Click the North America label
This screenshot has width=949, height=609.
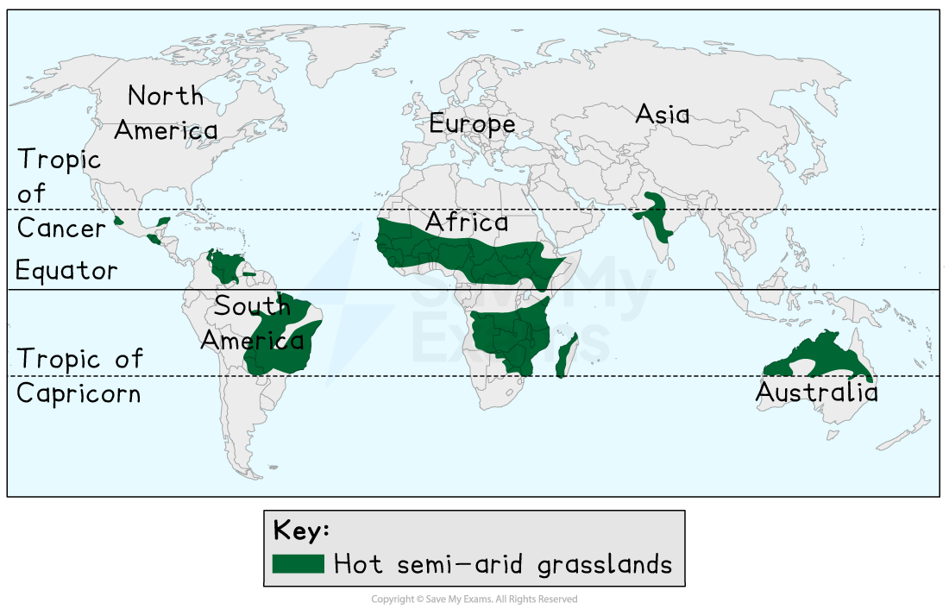(166, 113)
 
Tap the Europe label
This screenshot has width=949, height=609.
(472, 125)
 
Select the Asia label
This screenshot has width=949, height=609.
(662, 114)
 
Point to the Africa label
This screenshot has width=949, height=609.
(466, 223)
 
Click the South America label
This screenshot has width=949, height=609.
(252, 323)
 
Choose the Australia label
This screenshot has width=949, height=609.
(816, 392)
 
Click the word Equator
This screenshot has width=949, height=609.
(66, 271)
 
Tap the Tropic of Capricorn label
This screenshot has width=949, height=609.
(79, 376)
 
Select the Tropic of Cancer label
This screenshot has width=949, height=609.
(60, 194)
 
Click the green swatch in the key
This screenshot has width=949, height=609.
(299, 564)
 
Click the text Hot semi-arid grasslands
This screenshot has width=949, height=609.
(503, 565)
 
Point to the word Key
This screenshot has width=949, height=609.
(301, 530)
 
